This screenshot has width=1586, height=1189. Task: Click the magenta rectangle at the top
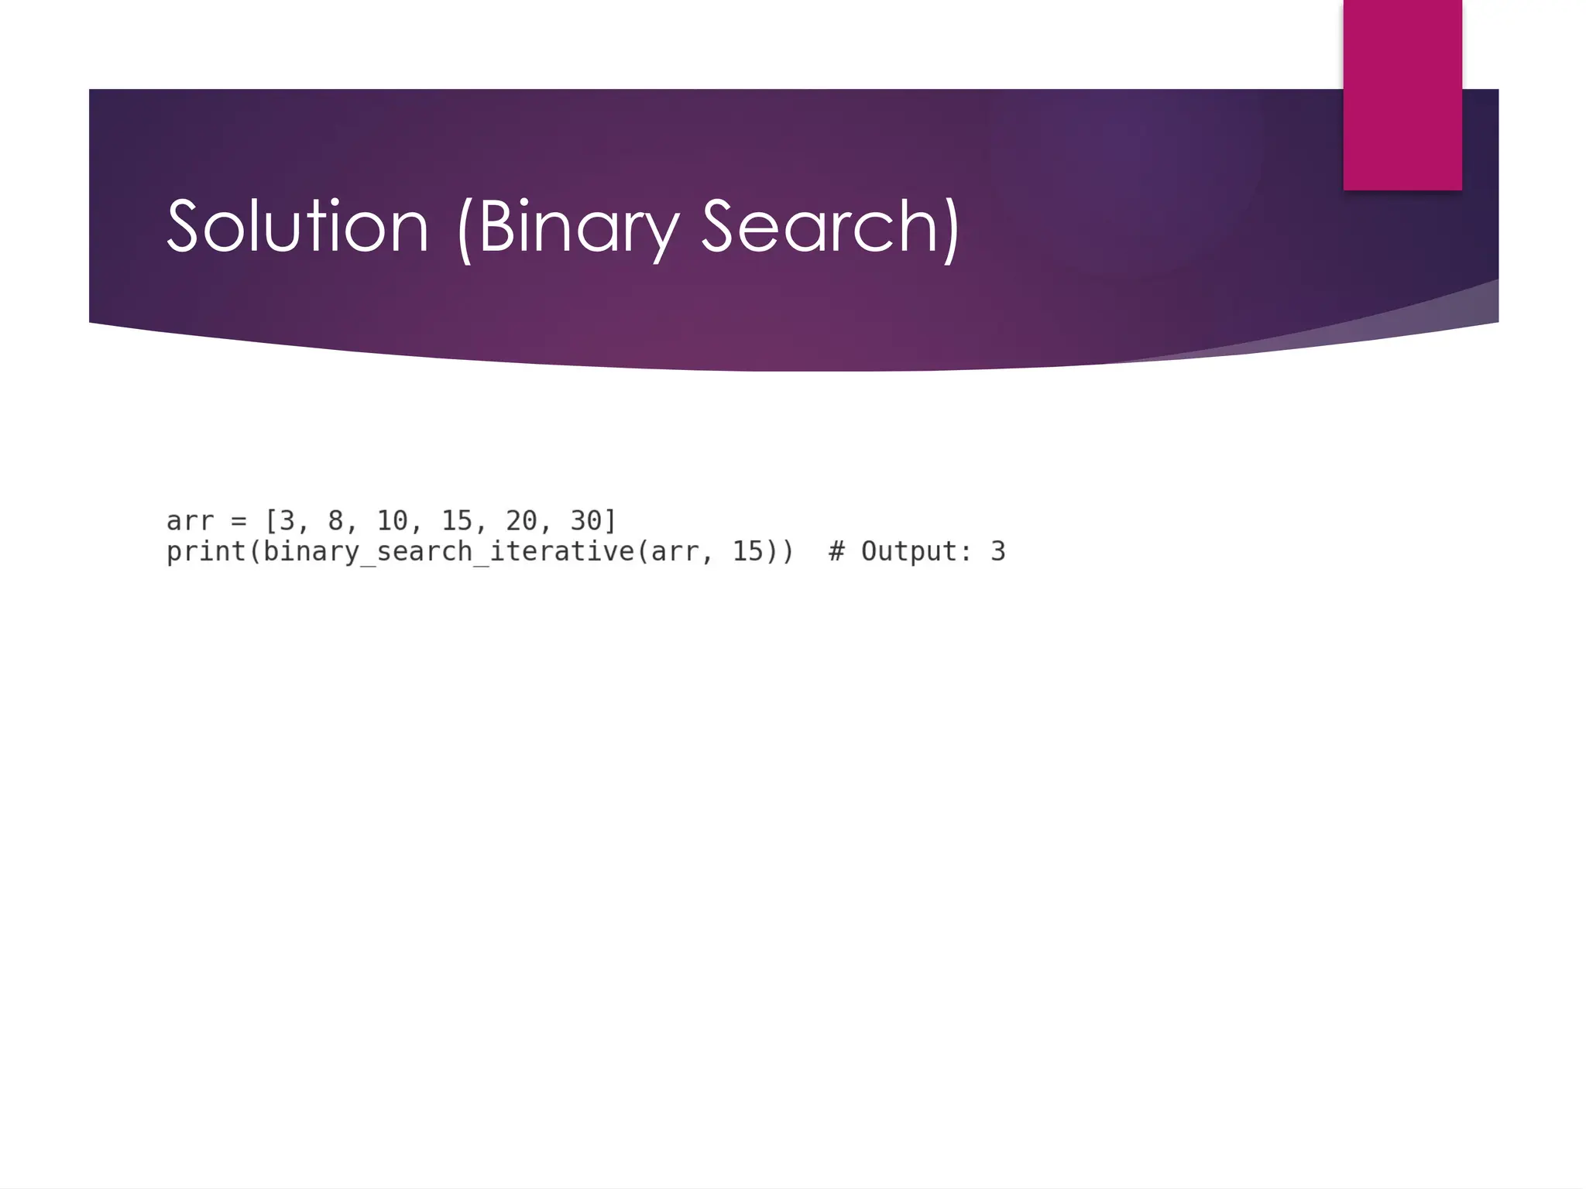click(x=1402, y=94)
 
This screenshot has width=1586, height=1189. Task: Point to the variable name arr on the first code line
click(x=190, y=521)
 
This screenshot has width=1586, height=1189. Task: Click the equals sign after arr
click(x=239, y=521)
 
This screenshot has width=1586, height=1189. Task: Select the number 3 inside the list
click(x=287, y=521)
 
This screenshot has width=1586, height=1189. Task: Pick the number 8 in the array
click(x=335, y=521)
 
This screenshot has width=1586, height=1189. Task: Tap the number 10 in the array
click(x=392, y=521)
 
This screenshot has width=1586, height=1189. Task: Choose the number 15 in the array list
click(x=457, y=521)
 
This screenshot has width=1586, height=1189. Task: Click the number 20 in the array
click(x=521, y=521)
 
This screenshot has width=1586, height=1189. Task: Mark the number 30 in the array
click(x=585, y=521)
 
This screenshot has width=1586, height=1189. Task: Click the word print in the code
click(x=206, y=551)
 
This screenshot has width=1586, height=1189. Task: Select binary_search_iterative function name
click(x=448, y=551)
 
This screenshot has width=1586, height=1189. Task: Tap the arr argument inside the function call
click(x=675, y=551)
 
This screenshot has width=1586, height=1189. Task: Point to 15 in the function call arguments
click(x=748, y=551)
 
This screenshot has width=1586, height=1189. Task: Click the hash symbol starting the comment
click(x=836, y=551)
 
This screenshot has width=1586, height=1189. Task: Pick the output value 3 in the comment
click(x=997, y=551)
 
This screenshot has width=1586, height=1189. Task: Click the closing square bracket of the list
click(x=610, y=521)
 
